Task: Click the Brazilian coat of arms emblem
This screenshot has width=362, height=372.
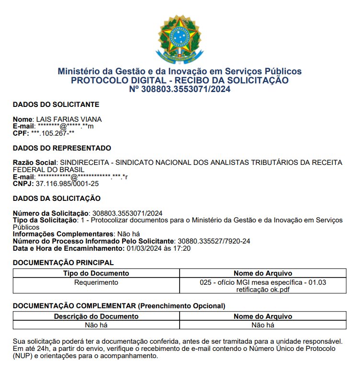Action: click(x=180, y=37)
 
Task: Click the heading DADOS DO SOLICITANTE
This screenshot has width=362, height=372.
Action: click(x=56, y=105)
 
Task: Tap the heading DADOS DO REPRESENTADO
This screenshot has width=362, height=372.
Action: click(x=62, y=148)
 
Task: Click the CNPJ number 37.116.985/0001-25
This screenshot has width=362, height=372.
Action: click(x=68, y=184)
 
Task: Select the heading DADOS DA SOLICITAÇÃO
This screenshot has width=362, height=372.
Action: click(x=57, y=198)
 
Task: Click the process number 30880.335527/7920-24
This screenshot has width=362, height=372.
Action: click(x=214, y=241)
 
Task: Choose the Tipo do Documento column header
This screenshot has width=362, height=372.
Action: click(x=96, y=273)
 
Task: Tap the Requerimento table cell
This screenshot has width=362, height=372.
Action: click(x=96, y=282)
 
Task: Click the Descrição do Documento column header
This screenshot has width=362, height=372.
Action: click(x=96, y=316)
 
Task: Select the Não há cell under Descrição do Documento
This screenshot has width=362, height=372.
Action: click(x=96, y=325)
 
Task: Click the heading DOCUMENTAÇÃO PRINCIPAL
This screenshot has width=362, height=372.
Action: click(x=63, y=263)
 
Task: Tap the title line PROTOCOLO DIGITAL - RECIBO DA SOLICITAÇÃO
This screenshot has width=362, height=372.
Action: click(x=180, y=81)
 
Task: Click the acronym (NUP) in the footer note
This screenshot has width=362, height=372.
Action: click(x=24, y=357)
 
